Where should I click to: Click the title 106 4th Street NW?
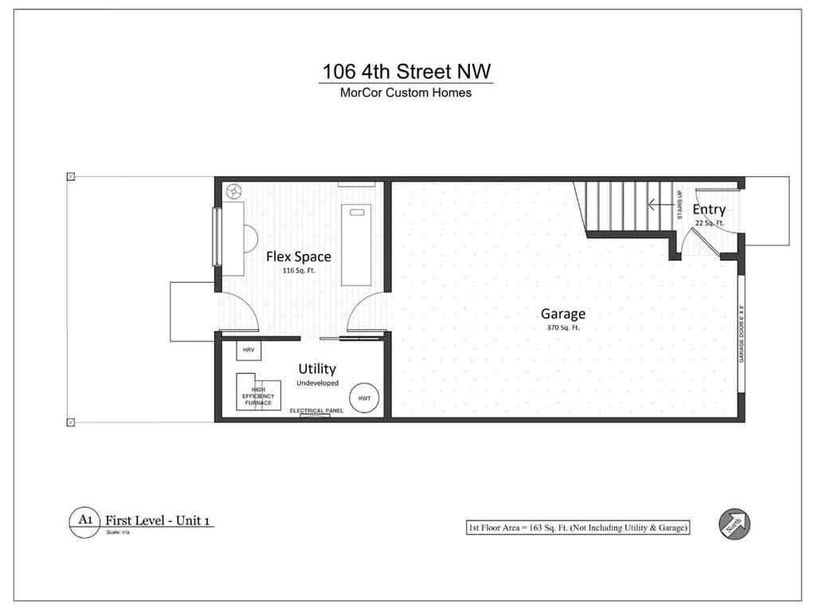pyautogui.click(x=406, y=71)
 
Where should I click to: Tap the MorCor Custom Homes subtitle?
pyautogui.click(x=406, y=93)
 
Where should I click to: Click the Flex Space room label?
pyautogui.click(x=298, y=257)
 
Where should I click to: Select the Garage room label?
pyautogui.click(x=563, y=313)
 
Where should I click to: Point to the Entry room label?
pyautogui.click(x=708, y=210)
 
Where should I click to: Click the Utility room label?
pyautogui.click(x=317, y=369)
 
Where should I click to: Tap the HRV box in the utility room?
pyautogui.click(x=248, y=351)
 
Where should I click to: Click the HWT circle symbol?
pyautogui.click(x=364, y=398)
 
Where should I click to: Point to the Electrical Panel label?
pyautogui.click(x=317, y=410)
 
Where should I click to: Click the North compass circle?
pyautogui.click(x=735, y=524)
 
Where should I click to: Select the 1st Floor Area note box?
pyautogui.click(x=578, y=528)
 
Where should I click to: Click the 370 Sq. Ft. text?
pyautogui.click(x=562, y=328)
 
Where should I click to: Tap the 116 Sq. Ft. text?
pyautogui.click(x=298, y=271)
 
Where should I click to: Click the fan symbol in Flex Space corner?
pyautogui.click(x=234, y=191)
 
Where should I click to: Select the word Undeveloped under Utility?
pyautogui.click(x=317, y=383)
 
